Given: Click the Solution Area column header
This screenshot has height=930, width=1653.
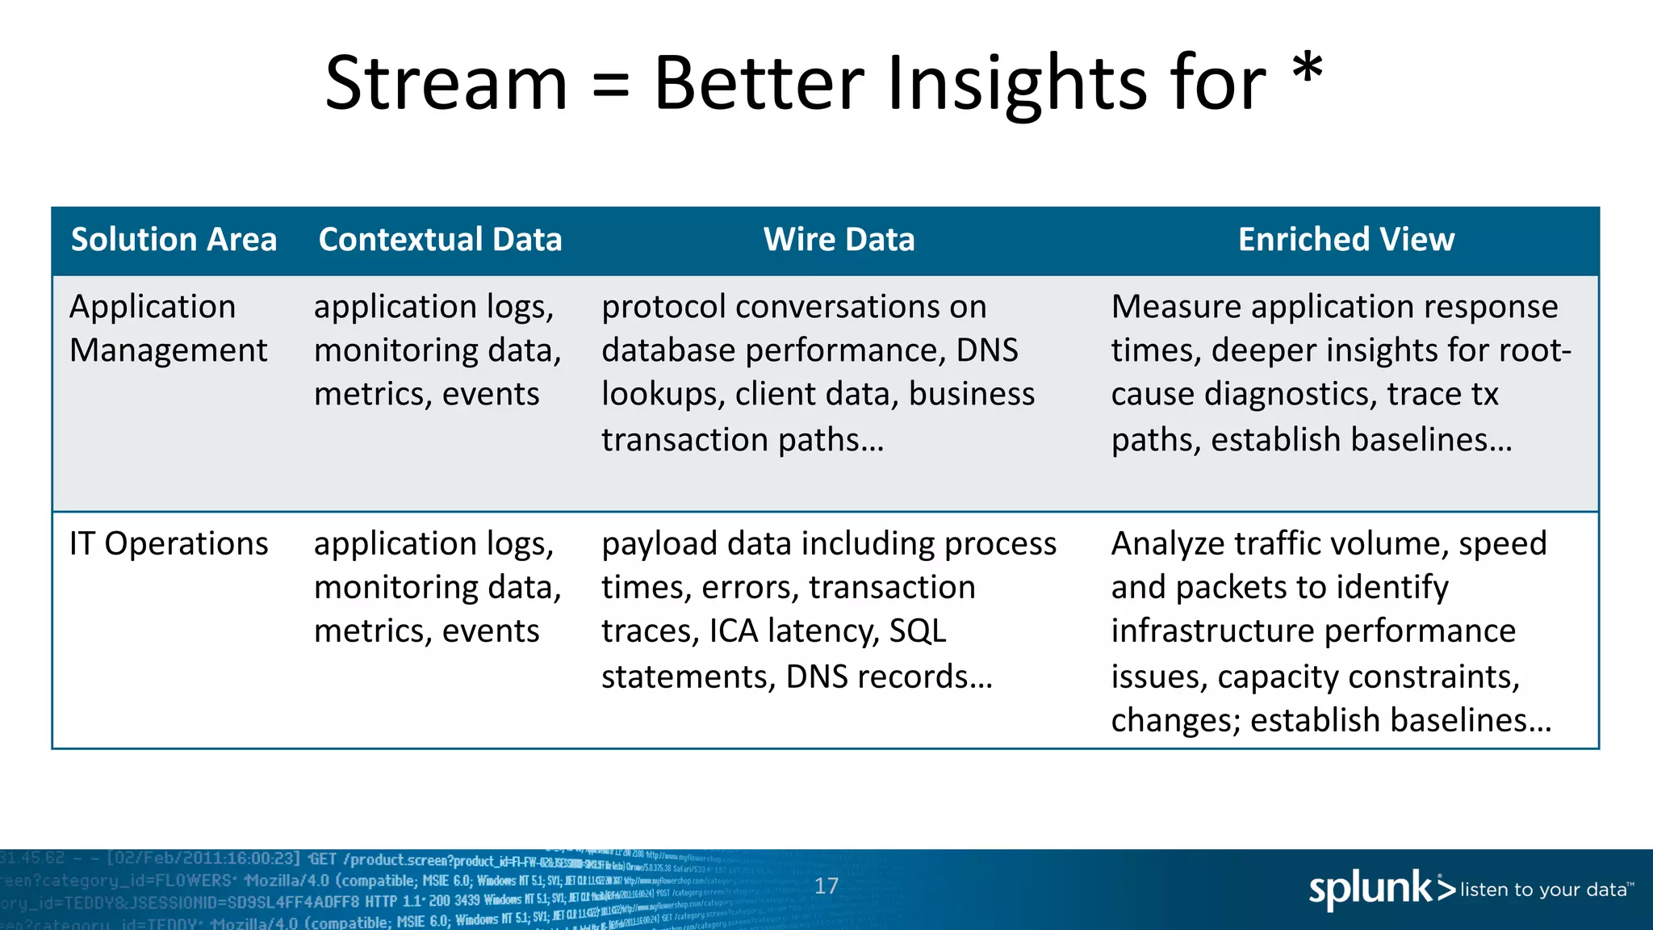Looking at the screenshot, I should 174,240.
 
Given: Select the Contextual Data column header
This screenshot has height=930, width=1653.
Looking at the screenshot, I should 440,240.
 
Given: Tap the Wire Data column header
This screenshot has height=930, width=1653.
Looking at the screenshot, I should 839,240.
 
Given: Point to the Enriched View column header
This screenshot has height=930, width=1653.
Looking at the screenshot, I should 1345,240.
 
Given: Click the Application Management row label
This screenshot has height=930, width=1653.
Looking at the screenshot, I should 168,329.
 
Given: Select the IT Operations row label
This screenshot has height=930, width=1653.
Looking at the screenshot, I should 168,544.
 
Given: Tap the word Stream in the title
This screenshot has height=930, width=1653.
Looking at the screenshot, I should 446,84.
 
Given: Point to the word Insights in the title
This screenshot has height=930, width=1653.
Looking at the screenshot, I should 1017,84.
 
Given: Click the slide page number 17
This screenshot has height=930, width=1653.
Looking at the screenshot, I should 826,886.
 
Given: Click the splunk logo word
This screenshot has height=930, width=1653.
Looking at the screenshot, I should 1371,889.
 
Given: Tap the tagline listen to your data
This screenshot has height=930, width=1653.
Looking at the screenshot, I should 1543,890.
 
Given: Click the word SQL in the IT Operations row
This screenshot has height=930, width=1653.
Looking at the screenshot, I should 917,631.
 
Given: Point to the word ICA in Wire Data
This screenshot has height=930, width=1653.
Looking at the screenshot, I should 734,631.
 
